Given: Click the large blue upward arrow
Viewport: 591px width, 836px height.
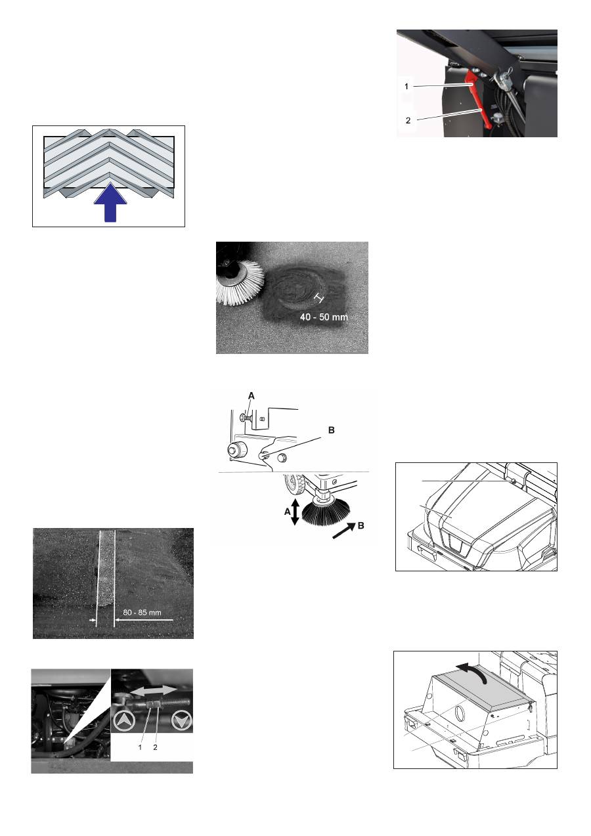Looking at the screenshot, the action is [110, 202].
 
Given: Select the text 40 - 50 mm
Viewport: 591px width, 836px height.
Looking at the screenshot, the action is [324, 317].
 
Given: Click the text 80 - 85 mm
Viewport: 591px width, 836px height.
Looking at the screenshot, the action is [142, 613].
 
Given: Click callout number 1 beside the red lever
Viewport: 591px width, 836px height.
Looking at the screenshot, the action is [406, 87].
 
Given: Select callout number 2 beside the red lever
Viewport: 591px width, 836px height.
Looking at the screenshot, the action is [408, 121].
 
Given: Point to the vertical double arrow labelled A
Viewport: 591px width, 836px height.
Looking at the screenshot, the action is [295, 512].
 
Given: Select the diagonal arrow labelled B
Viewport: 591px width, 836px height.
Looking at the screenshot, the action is [343, 531].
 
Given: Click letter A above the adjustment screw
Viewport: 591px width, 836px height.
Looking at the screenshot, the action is [252, 395].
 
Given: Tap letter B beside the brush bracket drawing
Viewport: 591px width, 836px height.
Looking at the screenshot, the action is [332, 430].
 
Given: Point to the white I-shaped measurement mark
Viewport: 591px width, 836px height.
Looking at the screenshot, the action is [318, 297].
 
